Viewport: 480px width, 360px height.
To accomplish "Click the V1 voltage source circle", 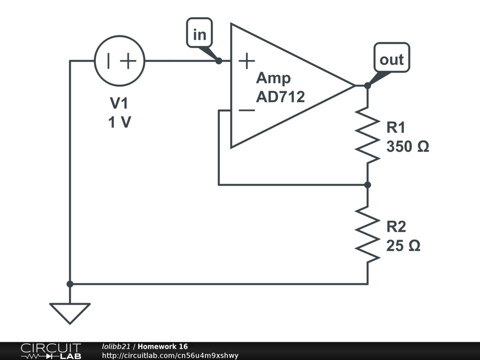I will point(120,61).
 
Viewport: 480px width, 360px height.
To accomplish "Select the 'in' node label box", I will point(200,34).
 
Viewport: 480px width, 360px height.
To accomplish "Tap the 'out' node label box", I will point(391,59).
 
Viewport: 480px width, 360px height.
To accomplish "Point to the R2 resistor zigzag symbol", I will point(367,234).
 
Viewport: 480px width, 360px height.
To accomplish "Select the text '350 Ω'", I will point(408,147).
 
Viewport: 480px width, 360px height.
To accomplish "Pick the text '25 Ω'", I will point(403,246).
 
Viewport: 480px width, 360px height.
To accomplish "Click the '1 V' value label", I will point(120,123).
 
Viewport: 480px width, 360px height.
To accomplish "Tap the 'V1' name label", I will point(119,103).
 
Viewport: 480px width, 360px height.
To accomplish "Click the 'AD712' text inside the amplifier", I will point(280,97).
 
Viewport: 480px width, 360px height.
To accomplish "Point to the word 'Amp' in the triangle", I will point(273,78).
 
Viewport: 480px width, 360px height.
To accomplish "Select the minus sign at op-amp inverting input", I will point(247,111).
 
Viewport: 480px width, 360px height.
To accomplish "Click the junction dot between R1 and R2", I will point(367,185).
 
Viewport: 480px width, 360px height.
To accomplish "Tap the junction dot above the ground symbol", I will point(70,284).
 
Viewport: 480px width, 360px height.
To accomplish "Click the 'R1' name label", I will point(396,127).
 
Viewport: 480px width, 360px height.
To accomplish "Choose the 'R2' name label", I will point(396,227).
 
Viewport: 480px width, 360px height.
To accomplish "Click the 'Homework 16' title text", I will point(163,346).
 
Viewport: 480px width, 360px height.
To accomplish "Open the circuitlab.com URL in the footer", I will point(170,355).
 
